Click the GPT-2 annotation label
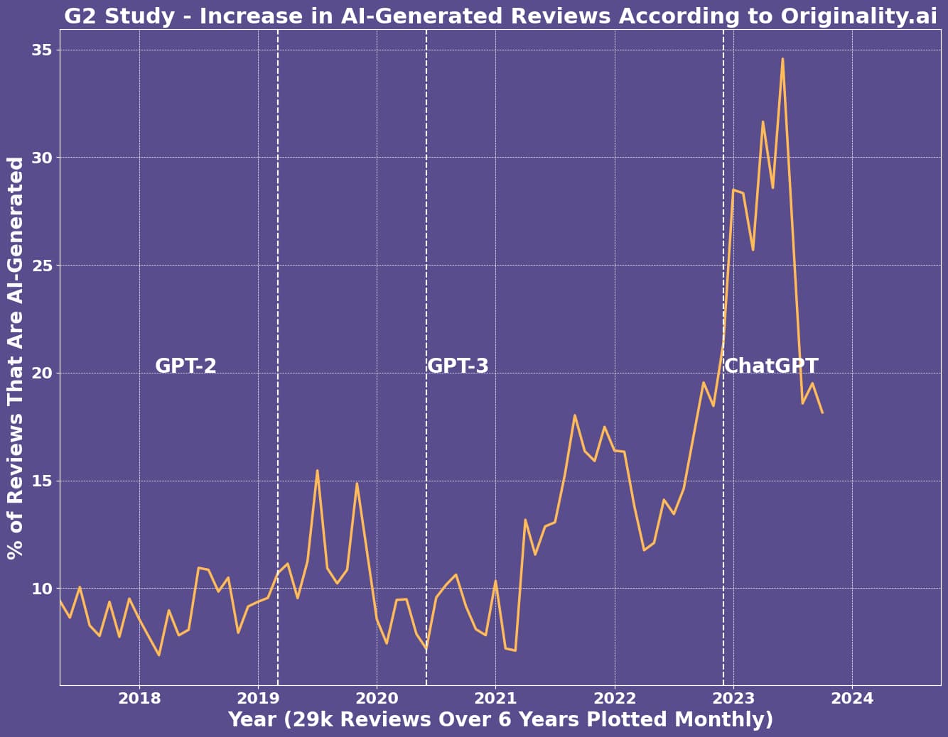(x=185, y=366)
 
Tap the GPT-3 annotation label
(x=458, y=366)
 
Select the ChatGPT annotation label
(x=771, y=366)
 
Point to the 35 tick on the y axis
(x=42, y=50)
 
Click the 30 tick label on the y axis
(x=42, y=158)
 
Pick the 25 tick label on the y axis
(x=42, y=266)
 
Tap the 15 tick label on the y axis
(x=42, y=481)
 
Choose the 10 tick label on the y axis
(x=42, y=589)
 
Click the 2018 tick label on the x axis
(x=139, y=698)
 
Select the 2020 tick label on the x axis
(x=377, y=698)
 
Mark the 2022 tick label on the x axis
(x=615, y=698)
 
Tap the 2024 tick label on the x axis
(x=852, y=698)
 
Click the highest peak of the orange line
(x=782, y=59)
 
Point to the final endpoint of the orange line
(x=822, y=413)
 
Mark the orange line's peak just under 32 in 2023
(x=763, y=121)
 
